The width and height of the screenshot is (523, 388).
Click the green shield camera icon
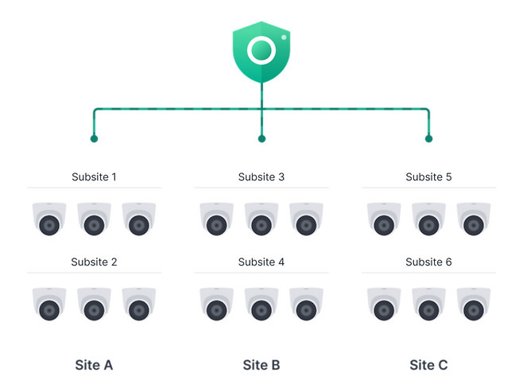(x=261, y=52)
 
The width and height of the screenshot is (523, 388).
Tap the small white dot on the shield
(x=284, y=37)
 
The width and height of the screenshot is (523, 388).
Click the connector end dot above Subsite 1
(x=94, y=139)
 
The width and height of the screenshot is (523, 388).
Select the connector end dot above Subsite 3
(x=261, y=139)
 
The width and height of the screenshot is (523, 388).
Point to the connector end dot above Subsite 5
(x=429, y=139)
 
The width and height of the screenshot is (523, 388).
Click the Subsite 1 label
(x=94, y=177)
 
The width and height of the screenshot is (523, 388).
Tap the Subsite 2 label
(x=94, y=262)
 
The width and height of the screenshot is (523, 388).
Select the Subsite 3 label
(x=261, y=177)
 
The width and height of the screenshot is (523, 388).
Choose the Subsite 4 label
(x=261, y=262)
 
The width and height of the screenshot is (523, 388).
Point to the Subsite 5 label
(x=428, y=177)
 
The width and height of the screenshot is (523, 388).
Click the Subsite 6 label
(x=428, y=262)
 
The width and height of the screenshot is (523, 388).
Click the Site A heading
(x=94, y=365)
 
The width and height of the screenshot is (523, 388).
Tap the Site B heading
(x=261, y=365)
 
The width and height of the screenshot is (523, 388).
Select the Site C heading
(x=428, y=365)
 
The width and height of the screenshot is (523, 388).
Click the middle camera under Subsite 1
(x=94, y=219)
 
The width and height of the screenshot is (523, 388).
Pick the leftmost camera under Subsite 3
(x=217, y=219)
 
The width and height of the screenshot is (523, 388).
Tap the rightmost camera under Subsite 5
(x=474, y=219)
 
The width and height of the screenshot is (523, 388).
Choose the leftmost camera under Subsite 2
(x=49, y=304)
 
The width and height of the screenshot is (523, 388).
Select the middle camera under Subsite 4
(x=261, y=304)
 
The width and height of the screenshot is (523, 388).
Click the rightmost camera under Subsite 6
(x=474, y=304)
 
